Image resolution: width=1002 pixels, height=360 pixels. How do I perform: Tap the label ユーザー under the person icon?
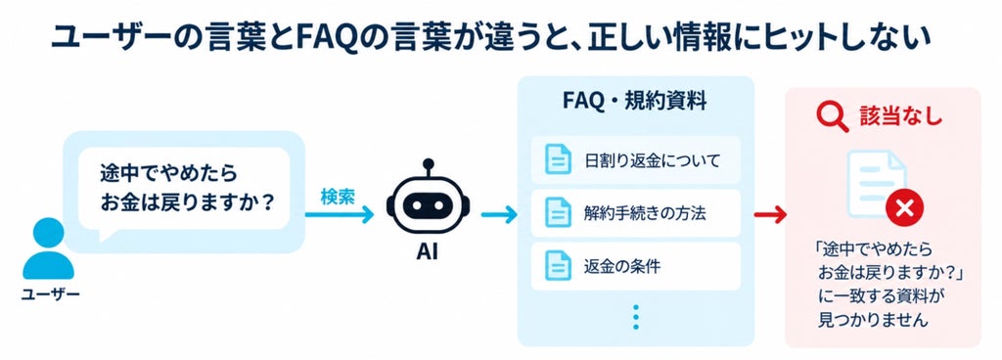point(51,294)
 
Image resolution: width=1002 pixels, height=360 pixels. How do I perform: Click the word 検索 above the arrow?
point(337,198)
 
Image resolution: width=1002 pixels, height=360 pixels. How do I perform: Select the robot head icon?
point(428,203)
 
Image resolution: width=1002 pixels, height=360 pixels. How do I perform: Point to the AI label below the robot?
point(427,252)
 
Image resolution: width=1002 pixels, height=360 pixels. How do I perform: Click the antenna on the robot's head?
point(429,168)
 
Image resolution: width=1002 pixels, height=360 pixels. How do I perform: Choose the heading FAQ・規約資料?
point(634,101)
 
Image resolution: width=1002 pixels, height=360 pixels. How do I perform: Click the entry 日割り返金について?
point(652,159)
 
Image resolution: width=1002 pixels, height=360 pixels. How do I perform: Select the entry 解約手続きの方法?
point(644,212)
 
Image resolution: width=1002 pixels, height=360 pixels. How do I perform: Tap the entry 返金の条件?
point(621,265)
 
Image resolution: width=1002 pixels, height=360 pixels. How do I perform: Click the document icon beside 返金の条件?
point(557,265)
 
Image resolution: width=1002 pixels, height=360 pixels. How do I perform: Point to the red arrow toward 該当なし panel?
point(770,215)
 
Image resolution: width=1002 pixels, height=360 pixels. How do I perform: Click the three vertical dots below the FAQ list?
point(635,317)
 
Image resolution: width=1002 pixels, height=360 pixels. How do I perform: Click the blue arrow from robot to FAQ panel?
point(499,215)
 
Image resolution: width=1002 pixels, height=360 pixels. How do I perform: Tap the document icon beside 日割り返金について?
point(557,159)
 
